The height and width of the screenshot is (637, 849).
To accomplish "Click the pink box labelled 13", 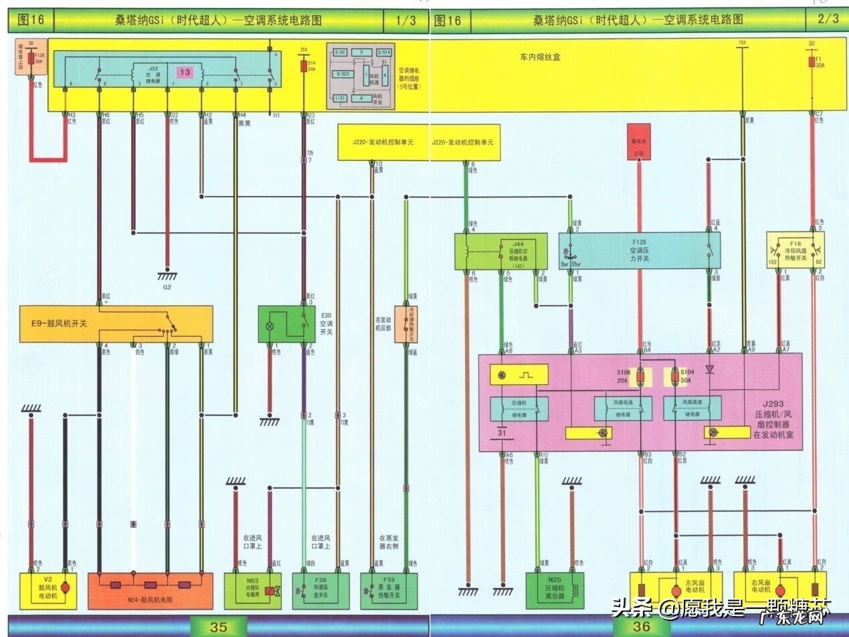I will pyautogui.click(x=185, y=72).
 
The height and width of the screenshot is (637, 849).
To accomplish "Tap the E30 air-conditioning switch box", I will pyautogui.click(x=286, y=325).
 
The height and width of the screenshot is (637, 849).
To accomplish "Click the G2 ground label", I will pyautogui.click(x=167, y=287).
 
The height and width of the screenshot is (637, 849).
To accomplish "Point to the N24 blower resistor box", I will pyautogui.click(x=151, y=591).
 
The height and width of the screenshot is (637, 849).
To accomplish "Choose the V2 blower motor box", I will pyautogui.click(x=49, y=591).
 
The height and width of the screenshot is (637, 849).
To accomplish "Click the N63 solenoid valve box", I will pyautogui.click(x=253, y=591).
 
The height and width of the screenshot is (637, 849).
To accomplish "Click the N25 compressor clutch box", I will pyautogui.click(x=555, y=591).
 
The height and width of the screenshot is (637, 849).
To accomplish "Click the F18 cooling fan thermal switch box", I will pyautogui.click(x=795, y=250).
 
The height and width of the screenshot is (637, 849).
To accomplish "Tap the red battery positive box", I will pyautogui.click(x=639, y=141).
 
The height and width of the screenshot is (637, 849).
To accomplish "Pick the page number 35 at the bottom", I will pyautogui.click(x=218, y=627).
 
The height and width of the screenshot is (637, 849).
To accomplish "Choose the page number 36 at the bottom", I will pyautogui.click(x=641, y=627).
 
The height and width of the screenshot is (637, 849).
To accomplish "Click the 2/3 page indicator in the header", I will pyautogui.click(x=828, y=19).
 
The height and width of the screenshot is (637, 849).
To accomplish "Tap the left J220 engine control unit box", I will pyautogui.click(x=382, y=142).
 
